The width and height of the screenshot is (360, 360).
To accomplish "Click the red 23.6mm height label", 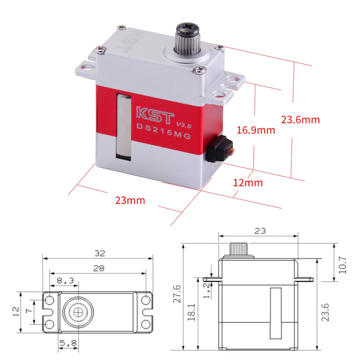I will click(300, 120).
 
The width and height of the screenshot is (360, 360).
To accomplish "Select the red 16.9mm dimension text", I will click(256, 130).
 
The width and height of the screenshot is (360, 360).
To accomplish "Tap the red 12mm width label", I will click(248, 183).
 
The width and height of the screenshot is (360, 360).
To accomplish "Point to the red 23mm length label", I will click(130, 200).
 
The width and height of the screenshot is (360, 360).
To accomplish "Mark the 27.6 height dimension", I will click(176, 294).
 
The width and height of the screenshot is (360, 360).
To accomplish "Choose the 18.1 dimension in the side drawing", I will click(191, 312).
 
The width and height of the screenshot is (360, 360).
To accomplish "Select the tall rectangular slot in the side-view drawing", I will click(276, 313).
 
